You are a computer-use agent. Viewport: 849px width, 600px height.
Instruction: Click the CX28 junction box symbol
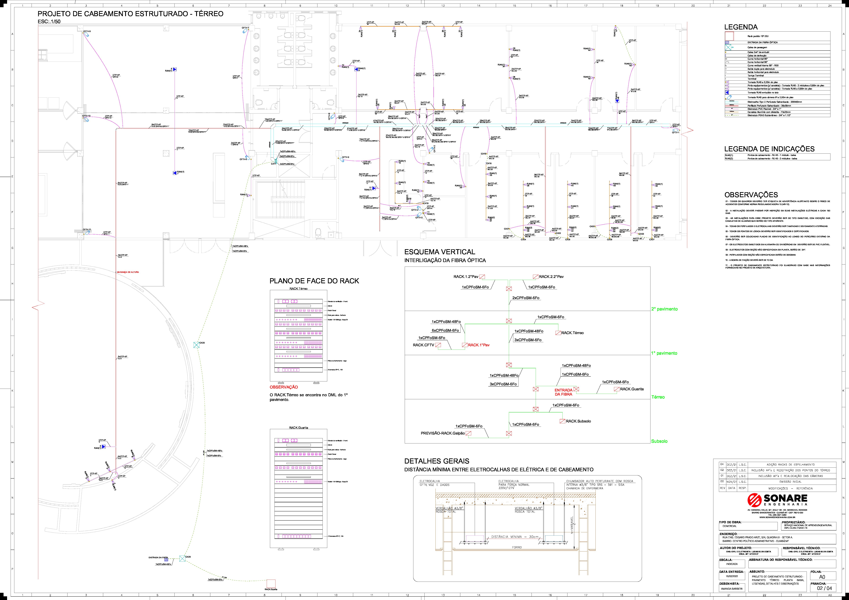coord(196,345)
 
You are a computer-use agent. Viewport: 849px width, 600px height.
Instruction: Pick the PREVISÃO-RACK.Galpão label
coord(442,433)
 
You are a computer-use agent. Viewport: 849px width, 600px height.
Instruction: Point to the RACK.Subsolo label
coord(578,421)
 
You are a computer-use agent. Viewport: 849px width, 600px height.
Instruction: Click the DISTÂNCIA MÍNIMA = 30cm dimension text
coord(515,537)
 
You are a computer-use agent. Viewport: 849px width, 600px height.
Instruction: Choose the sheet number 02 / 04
coord(824,588)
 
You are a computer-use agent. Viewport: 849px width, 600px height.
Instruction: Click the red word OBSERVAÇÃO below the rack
coord(284,387)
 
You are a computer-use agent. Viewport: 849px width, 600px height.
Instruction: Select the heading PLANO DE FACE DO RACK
coord(314,281)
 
